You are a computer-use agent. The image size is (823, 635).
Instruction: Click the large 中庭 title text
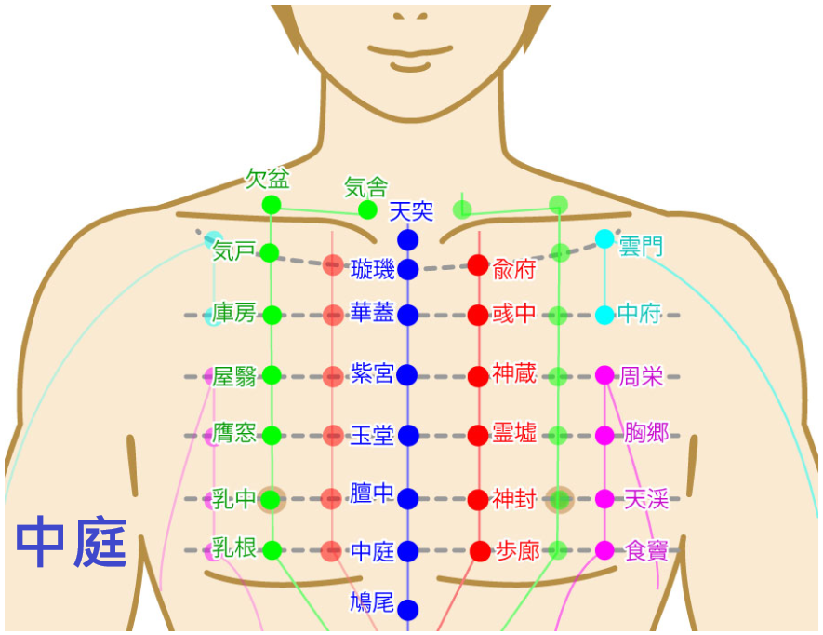click(x=72, y=542)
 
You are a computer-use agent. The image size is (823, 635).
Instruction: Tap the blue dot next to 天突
click(x=408, y=239)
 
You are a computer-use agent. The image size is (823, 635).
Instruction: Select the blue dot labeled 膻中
click(x=408, y=498)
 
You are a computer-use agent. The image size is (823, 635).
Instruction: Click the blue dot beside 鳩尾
click(x=408, y=610)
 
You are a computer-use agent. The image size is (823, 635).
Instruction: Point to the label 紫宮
click(x=372, y=373)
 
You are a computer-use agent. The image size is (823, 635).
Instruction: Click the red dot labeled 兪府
click(x=478, y=265)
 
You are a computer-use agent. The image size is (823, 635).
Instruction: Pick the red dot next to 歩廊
click(x=480, y=551)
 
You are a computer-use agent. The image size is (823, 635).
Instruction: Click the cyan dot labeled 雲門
click(x=604, y=238)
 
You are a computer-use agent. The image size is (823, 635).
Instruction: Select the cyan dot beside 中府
click(x=604, y=315)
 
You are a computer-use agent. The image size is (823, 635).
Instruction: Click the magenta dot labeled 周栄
click(x=604, y=375)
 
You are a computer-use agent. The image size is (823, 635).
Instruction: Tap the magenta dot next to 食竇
click(x=604, y=550)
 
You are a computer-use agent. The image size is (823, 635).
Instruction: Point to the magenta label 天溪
click(x=646, y=499)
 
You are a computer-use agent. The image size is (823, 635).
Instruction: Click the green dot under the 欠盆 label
click(x=272, y=205)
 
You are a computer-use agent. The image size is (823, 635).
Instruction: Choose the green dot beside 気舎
click(x=367, y=210)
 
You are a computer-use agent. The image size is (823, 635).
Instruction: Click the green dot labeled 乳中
click(x=271, y=499)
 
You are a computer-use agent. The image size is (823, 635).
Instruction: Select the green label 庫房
click(x=233, y=313)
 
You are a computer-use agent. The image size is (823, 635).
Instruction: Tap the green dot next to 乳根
click(x=272, y=550)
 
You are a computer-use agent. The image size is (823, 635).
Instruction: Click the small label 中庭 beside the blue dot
click(x=372, y=551)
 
